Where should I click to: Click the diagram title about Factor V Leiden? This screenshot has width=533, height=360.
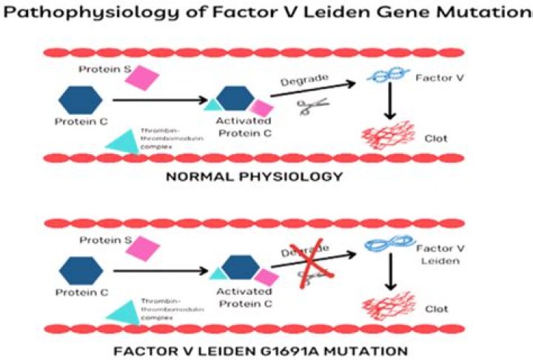coord(266,13)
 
